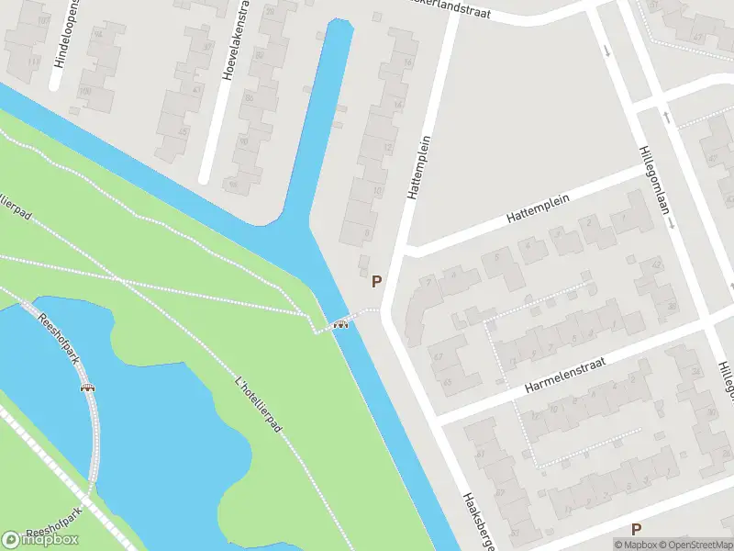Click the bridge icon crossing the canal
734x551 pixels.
point(342,322)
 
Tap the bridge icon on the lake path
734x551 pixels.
point(89,388)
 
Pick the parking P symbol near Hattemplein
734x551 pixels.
point(376,282)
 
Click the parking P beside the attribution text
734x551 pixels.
point(636,529)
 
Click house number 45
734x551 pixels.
point(182,131)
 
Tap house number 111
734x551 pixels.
point(34,61)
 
